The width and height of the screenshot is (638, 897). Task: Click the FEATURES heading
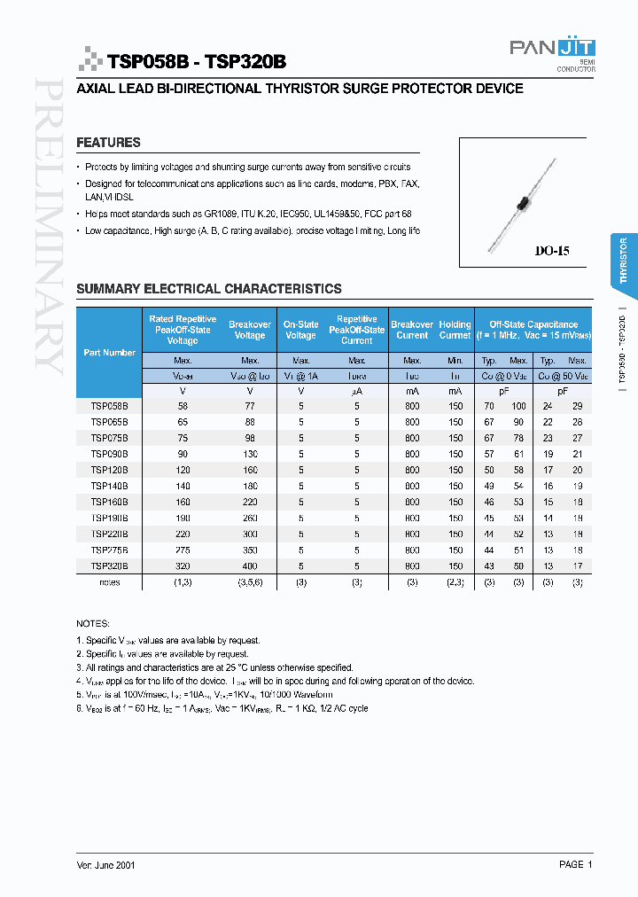tap(108, 143)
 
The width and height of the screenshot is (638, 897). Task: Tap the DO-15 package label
tap(551, 251)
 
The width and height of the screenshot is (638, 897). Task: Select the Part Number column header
tap(110, 353)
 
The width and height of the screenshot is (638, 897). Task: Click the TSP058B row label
tap(110, 406)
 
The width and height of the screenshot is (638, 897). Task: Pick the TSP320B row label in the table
tap(110, 565)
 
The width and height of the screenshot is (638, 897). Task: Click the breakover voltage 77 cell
tap(249, 406)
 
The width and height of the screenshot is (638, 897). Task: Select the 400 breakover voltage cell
tap(249, 565)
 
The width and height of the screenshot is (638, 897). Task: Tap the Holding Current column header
tap(455, 330)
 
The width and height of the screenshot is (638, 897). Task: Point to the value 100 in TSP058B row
tap(518, 406)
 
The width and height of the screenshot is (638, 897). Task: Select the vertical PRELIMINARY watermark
tap(48, 226)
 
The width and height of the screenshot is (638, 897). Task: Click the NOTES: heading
tap(93, 624)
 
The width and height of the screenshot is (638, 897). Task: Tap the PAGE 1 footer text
tap(575, 864)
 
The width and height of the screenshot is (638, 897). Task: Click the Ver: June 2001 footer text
tap(106, 864)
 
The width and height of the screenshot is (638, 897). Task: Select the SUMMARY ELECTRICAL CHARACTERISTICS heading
tap(208, 289)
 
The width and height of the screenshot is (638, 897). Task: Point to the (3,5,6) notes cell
tap(249, 582)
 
